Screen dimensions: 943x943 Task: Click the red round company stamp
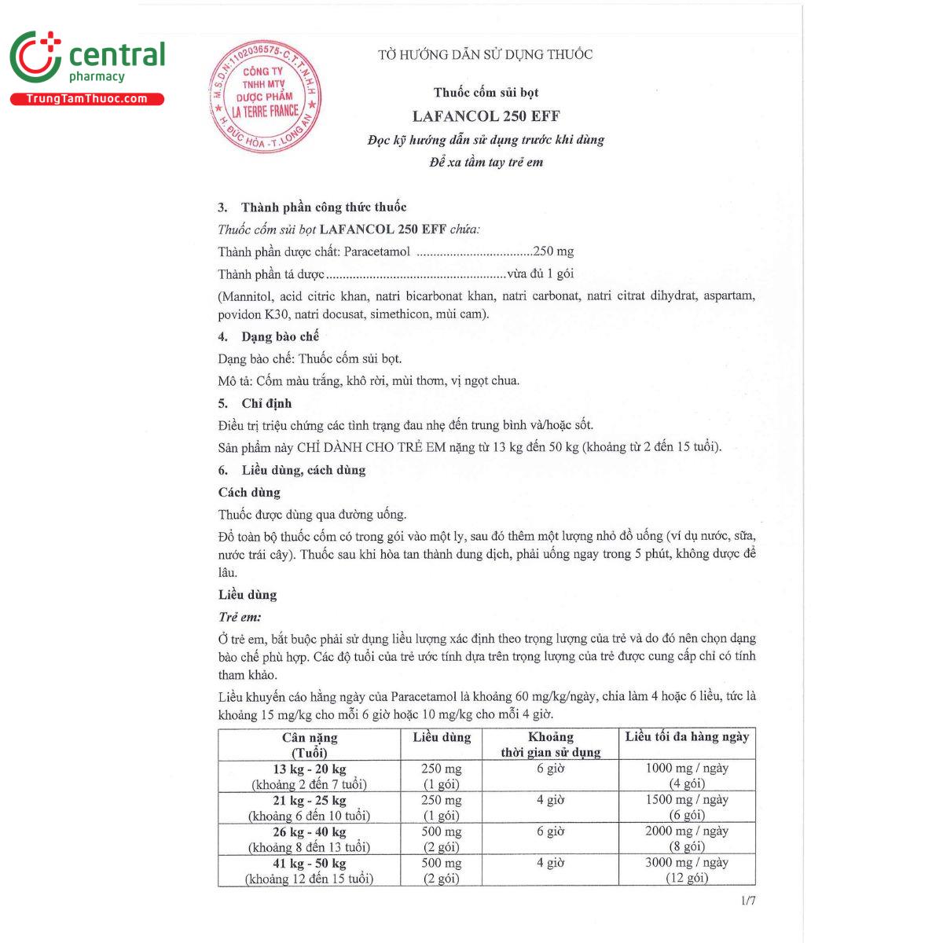[x=265, y=97]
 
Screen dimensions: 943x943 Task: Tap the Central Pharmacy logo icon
[x=35, y=57]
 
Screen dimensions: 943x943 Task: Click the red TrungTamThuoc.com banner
[x=86, y=99]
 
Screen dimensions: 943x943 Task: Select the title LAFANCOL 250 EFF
[x=486, y=116]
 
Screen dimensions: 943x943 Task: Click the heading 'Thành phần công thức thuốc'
[x=323, y=207]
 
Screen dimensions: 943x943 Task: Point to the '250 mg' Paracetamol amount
[x=553, y=251]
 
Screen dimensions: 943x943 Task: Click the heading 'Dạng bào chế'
[x=280, y=336]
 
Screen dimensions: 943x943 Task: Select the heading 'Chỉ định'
[x=266, y=403]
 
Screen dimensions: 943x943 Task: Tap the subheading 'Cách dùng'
[x=249, y=493]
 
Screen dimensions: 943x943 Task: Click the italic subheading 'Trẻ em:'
[x=240, y=617]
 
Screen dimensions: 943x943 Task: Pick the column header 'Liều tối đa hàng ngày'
[x=687, y=737]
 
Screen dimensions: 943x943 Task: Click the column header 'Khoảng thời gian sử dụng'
[x=550, y=744]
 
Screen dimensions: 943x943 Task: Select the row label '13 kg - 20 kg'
[x=309, y=769]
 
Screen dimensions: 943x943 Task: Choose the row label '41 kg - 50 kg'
[x=309, y=864]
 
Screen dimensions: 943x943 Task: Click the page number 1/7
[x=747, y=901]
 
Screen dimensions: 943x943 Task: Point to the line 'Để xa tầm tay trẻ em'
[x=486, y=163]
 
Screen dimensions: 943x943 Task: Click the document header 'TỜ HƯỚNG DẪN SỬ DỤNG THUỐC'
[x=485, y=55]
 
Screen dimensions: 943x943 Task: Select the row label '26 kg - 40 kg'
[x=309, y=832]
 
